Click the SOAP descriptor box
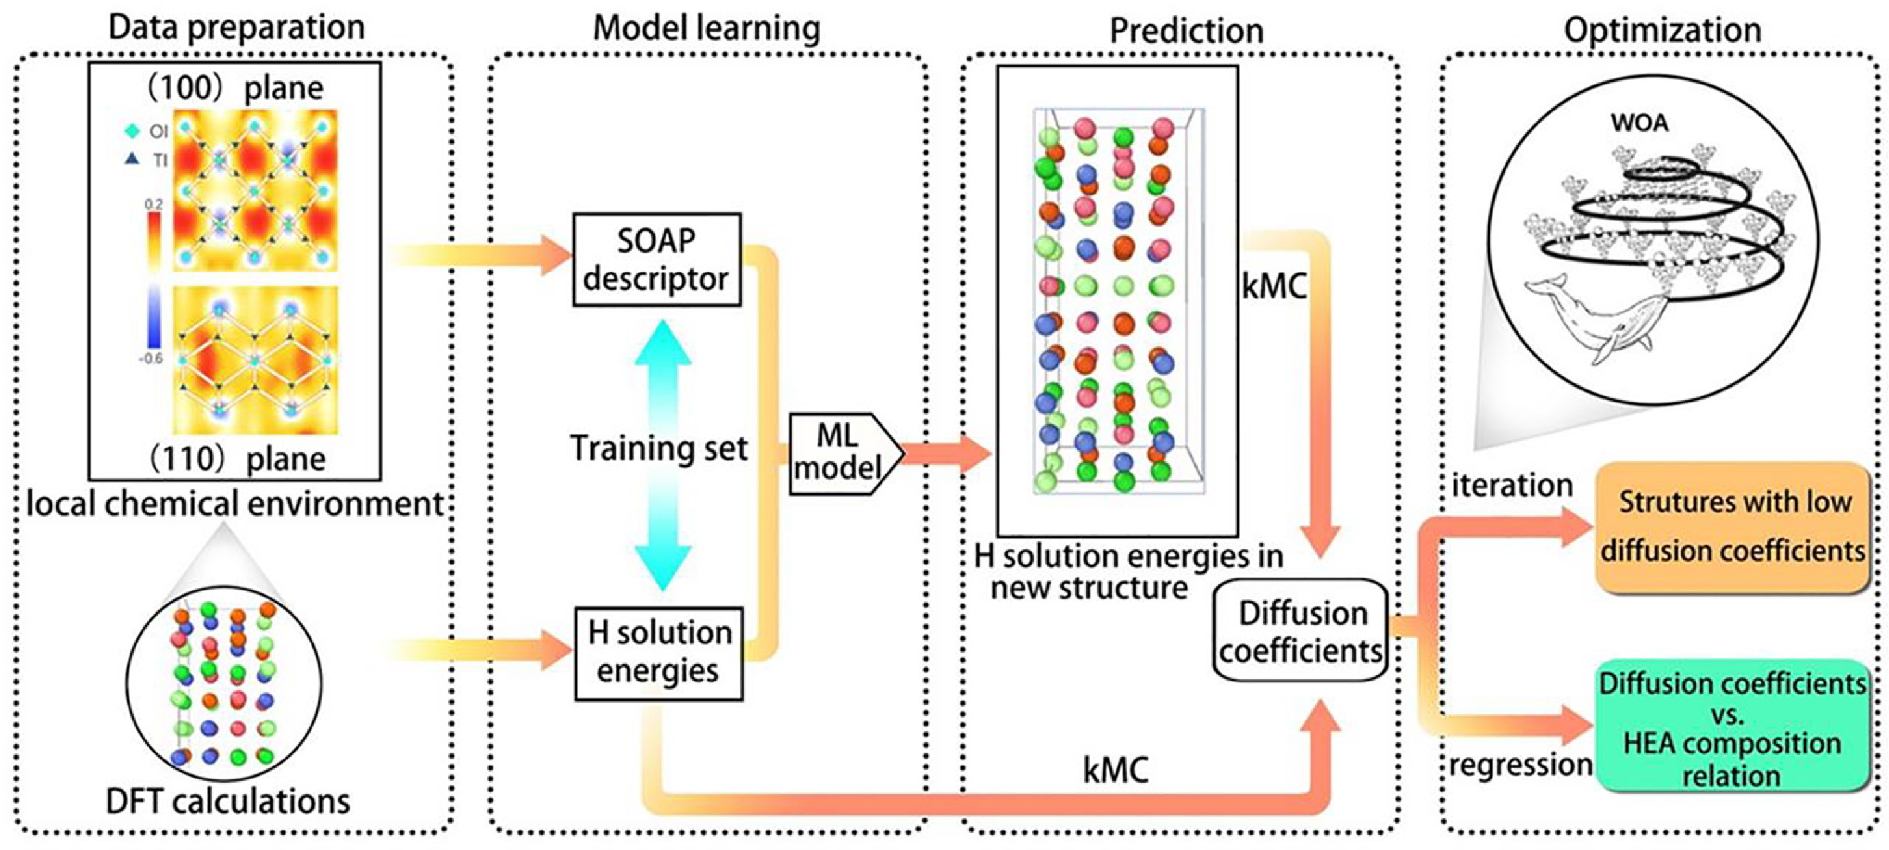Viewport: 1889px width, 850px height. [656, 260]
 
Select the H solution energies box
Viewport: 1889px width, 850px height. [659, 652]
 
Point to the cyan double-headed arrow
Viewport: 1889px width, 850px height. [662, 455]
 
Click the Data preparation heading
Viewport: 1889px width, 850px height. [236, 28]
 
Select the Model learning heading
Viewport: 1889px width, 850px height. [706, 28]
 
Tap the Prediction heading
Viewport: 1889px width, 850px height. [1186, 30]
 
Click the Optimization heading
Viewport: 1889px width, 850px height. [1663, 30]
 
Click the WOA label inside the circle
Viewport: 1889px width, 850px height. [1640, 123]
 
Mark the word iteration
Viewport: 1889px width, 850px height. [1512, 485]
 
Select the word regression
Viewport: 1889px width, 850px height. [1519, 765]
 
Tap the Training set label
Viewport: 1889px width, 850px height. [659, 448]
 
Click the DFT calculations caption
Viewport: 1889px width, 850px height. [228, 801]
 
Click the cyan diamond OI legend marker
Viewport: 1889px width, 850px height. [132, 131]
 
